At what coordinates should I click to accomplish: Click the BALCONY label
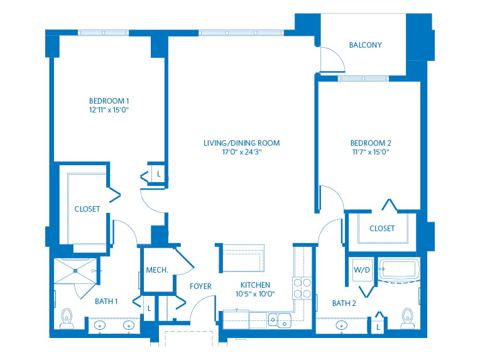pyautogui.click(x=366, y=45)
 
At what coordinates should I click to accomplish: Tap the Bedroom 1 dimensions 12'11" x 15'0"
pyautogui.click(x=109, y=110)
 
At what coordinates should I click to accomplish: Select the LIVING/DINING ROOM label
pyautogui.click(x=241, y=143)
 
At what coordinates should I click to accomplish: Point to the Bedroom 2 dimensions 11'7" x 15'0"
pyautogui.click(x=371, y=152)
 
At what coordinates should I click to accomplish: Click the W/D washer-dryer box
pyautogui.click(x=362, y=270)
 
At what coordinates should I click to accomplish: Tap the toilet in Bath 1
pyautogui.click(x=67, y=319)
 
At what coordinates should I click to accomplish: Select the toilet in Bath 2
pyautogui.click(x=408, y=319)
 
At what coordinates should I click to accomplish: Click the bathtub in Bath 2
pyautogui.click(x=399, y=270)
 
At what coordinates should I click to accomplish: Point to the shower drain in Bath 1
pyautogui.click(x=75, y=271)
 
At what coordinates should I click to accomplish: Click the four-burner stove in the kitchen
pyautogui.click(x=302, y=288)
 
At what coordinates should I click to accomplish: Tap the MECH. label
pyautogui.click(x=157, y=270)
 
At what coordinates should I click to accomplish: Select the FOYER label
pyautogui.click(x=200, y=286)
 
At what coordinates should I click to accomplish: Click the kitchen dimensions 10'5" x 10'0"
pyautogui.click(x=255, y=294)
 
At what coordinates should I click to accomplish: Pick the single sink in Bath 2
pyautogui.click(x=341, y=325)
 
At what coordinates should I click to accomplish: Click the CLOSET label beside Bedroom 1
pyautogui.click(x=87, y=209)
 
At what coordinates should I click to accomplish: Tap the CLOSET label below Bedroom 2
pyautogui.click(x=382, y=229)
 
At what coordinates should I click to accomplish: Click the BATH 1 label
pyautogui.click(x=106, y=302)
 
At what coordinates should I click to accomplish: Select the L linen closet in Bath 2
pyautogui.click(x=378, y=327)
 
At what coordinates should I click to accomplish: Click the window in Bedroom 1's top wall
pyautogui.click(x=103, y=33)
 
